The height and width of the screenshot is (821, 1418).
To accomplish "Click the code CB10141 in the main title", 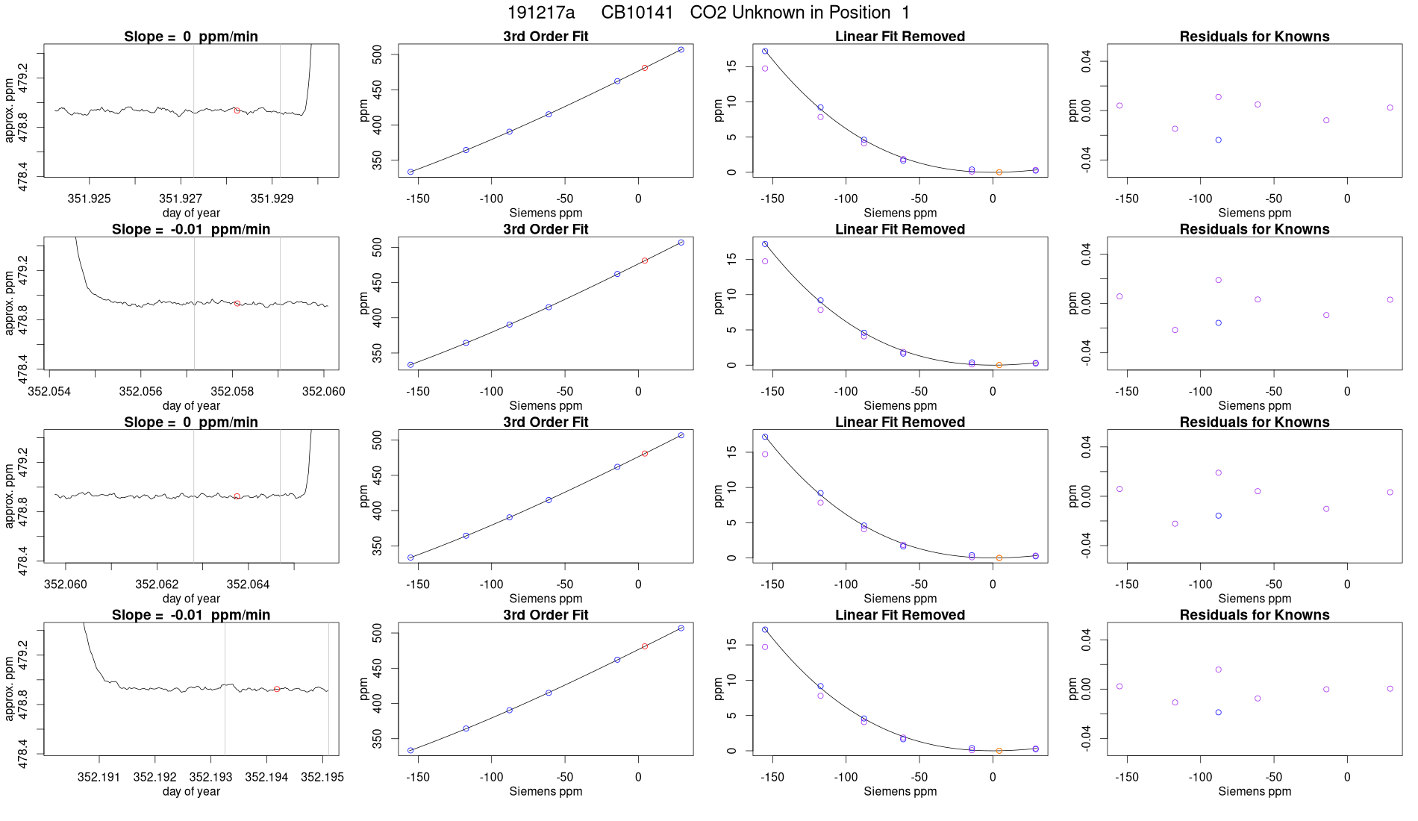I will click(637, 13).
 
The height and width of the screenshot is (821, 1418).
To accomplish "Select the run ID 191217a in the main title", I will click(541, 13).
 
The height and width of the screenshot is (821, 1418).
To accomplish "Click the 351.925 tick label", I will click(89, 199).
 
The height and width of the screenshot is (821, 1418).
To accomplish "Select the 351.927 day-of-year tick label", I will click(181, 199).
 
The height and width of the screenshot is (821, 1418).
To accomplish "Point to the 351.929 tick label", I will click(272, 199).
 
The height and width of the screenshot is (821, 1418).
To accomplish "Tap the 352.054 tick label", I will click(49, 391).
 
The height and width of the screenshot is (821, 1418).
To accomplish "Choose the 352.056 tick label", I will click(140, 391).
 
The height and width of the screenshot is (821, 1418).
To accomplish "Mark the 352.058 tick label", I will click(232, 391).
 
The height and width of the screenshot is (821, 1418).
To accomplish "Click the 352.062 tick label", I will click(157, 584).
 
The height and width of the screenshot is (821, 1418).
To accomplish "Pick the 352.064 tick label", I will click(248, 584).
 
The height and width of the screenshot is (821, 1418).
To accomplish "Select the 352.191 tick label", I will click(99, 777).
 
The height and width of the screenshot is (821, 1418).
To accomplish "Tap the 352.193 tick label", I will click(210, 777).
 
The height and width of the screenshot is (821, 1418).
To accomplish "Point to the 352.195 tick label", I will click(322, 777).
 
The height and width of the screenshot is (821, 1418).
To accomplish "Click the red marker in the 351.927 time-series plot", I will click(237, 110).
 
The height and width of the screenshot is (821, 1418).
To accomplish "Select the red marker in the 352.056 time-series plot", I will click(237, 304).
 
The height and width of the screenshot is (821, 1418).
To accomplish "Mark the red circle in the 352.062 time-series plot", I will click(237, 496).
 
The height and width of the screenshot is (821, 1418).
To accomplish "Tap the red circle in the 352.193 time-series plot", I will click(277, 690).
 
